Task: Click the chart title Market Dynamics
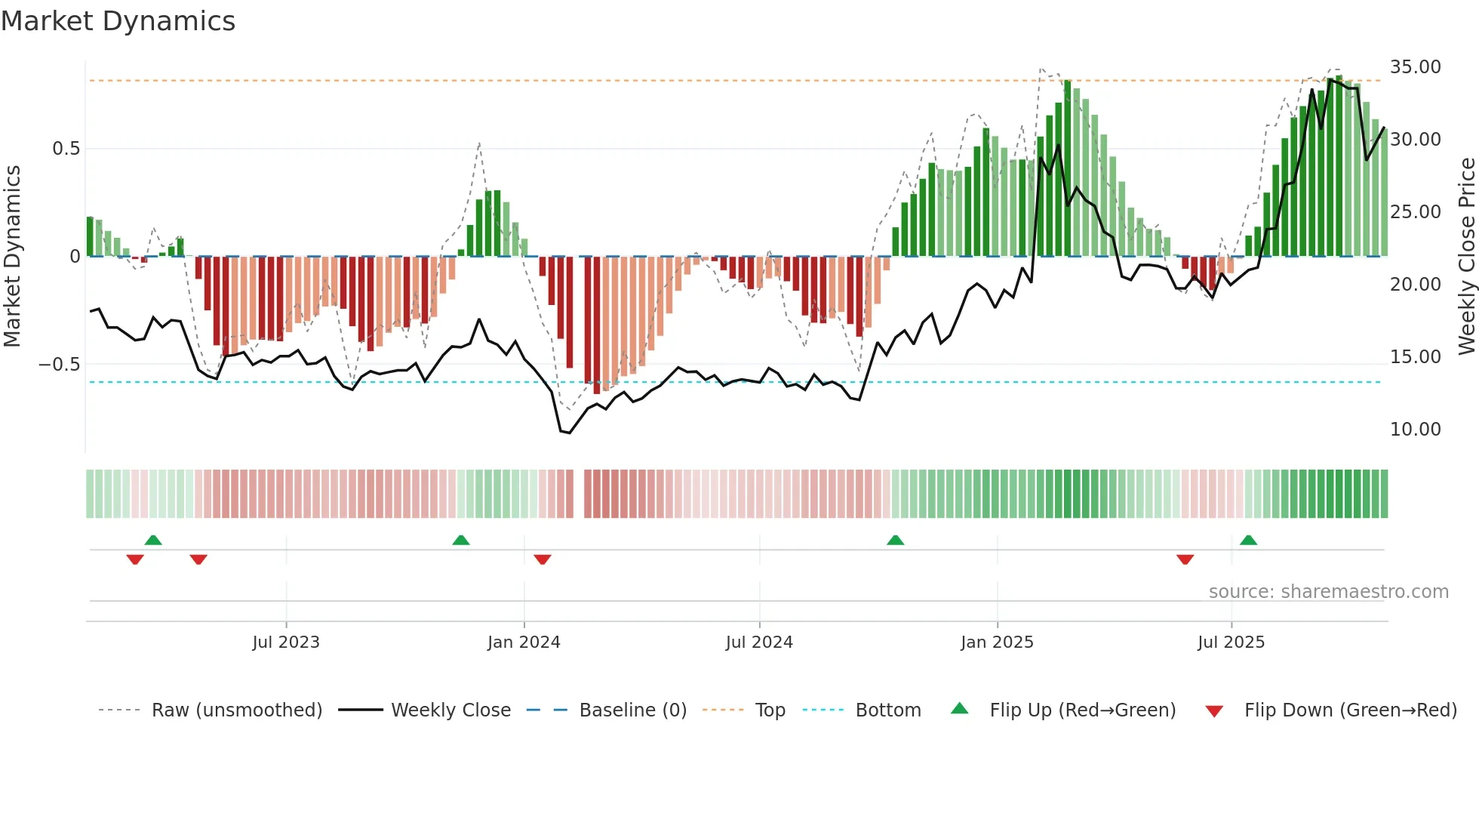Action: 118,21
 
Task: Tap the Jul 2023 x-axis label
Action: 286,642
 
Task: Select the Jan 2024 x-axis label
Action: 524,642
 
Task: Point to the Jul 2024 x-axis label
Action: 759,642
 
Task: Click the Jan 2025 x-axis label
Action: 997,642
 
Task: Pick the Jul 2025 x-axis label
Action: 1231,642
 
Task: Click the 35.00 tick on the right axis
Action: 1415,67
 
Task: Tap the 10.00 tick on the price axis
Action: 1415,430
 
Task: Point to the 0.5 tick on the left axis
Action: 66,149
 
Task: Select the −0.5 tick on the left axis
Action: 60,365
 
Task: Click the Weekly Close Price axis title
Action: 1466,256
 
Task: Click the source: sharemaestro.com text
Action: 1328,592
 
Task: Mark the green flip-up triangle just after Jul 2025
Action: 1248,541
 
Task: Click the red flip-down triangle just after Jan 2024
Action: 542,559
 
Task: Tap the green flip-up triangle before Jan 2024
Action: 460,541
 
